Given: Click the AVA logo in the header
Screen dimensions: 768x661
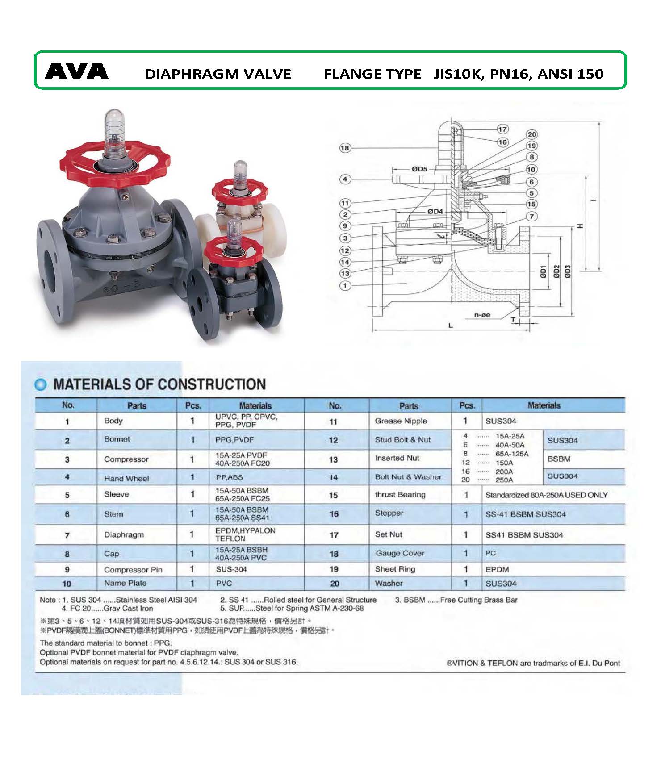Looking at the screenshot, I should point(77,71).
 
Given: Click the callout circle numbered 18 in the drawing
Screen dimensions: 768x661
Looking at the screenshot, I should point(345,148).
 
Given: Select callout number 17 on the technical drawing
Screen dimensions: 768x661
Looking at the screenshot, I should point(502,129).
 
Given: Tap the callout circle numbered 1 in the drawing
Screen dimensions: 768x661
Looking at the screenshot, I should point(345,285).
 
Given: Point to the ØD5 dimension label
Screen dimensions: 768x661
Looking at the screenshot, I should point(419,169).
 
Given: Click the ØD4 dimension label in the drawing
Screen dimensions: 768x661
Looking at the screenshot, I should point(435,211).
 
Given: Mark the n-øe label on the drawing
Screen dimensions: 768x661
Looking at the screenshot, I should point(482,315).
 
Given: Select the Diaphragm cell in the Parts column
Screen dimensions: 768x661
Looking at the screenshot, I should point(124,534).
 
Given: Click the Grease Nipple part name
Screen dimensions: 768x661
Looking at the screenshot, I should point(401,421).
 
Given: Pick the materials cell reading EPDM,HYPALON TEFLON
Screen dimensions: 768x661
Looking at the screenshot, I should point(245,534).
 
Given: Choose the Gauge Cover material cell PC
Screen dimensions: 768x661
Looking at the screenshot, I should point(490,553).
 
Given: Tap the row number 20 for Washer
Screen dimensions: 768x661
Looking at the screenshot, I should point(335,584).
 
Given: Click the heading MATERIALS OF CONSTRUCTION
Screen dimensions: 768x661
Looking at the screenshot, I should point(159,384).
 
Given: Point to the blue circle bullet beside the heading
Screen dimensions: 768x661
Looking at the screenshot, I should point(41,384).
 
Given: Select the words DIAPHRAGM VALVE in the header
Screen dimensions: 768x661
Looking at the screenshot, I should point(218,74).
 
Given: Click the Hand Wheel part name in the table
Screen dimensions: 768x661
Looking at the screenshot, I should point(126,478).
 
